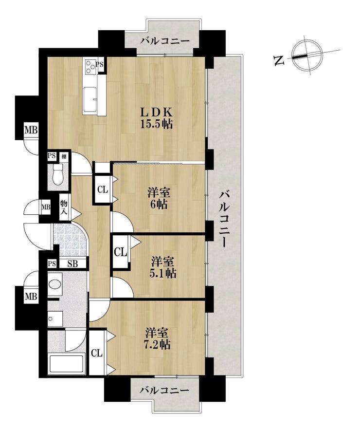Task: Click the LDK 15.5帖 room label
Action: pos(157,118)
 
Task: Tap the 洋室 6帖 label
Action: pos(159,198)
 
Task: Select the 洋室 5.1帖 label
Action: pos(163,267)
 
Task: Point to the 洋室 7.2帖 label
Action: pos(158,338)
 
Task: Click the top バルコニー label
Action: pos(165,41)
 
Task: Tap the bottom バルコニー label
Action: pos(164,391)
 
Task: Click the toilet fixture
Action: pos(57,175)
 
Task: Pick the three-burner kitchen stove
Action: pos(90,67)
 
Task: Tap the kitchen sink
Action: pos(90,99)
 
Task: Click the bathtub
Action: pos(66,364)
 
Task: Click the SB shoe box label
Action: pos(72,263)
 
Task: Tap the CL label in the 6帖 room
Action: pos(103,189)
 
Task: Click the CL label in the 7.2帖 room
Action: pos(97,353)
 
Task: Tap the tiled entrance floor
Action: pos(69,239)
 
